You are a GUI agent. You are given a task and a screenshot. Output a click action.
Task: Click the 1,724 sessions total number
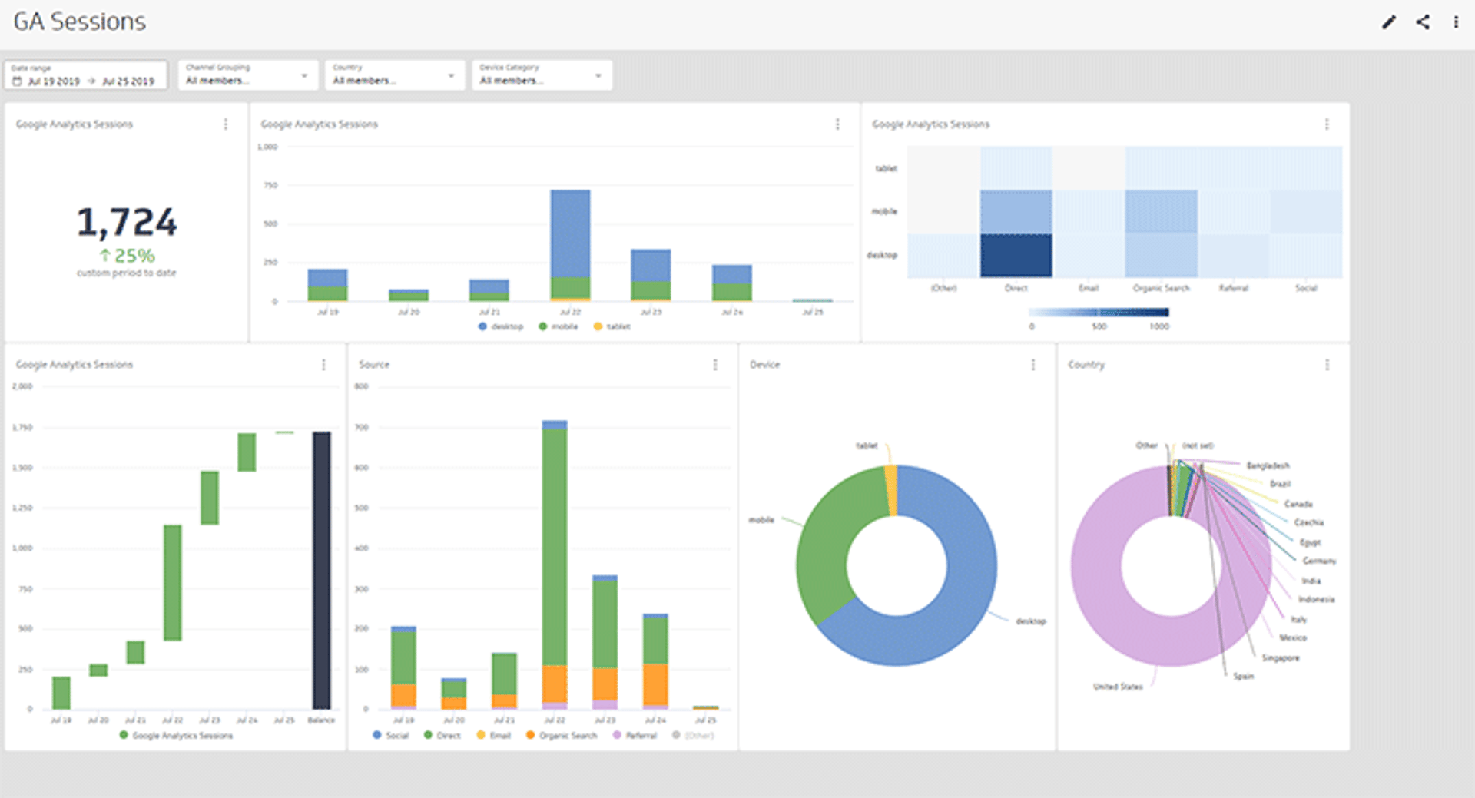tap(127, 223)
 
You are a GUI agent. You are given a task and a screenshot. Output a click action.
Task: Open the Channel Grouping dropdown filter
tap(247, 75)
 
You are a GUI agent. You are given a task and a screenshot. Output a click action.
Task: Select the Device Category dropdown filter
tap(541, 75)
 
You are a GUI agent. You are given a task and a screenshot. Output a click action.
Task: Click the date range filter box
tap(85, 75)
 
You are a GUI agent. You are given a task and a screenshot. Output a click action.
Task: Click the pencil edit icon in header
tap(1388, 22)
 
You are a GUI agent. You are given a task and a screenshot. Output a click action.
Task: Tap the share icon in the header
tap(1423, 22)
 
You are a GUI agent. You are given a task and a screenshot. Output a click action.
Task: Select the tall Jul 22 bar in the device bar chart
tap(570, 234)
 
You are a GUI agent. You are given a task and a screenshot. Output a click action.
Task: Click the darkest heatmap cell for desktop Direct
tap(1016, 256)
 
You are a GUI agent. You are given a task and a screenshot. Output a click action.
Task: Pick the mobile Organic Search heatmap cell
tap(1161, 211)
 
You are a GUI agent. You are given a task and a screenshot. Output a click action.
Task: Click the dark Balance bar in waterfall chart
tap(321, 570)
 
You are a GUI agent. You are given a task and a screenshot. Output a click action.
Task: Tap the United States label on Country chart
tap(1118, 687)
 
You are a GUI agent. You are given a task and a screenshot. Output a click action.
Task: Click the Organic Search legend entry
tap(567, 736)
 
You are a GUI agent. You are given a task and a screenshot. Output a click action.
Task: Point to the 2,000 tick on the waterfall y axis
tap(22, 386)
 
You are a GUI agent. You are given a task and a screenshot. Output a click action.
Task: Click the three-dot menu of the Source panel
tap(715, 365)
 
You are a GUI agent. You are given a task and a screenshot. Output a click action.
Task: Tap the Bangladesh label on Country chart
tap(1268, 465)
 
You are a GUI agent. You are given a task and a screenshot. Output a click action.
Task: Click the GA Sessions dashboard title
tap(80, 22)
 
